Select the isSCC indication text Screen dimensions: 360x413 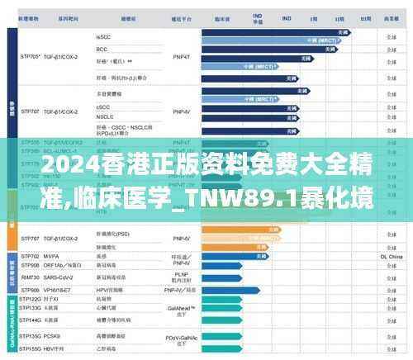103,37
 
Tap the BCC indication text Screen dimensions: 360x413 102,47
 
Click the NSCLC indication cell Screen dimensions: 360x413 104,116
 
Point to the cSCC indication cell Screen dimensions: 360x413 103,107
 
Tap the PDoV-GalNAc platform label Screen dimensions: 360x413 183,338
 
